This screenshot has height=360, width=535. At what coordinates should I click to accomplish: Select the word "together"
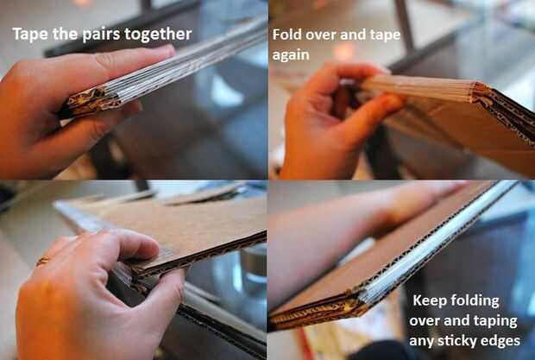pyautogui.click(x=158, y=35)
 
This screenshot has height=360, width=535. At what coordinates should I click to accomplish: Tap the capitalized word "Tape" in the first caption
pyautogui.click(x=30, y=35)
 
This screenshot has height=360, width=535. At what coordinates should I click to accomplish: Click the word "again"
pyautogui.click(x=291, y=56)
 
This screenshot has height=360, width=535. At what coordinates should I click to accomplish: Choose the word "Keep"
pyautogui.click(x=428, y=301)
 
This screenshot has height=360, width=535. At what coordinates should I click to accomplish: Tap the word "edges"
pyautogui.click(x=500, y=341)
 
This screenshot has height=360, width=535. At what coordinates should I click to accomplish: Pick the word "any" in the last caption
pyautogui.click(x=421, y=342)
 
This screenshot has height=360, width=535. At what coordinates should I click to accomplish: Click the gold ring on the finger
pyautogui.click(x=43, y=261)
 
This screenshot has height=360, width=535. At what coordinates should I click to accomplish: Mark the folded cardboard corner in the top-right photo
pyautogui.click(x=481, y=92)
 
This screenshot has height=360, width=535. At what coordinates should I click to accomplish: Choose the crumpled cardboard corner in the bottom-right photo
pyautogui.click(x=321, y=313)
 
